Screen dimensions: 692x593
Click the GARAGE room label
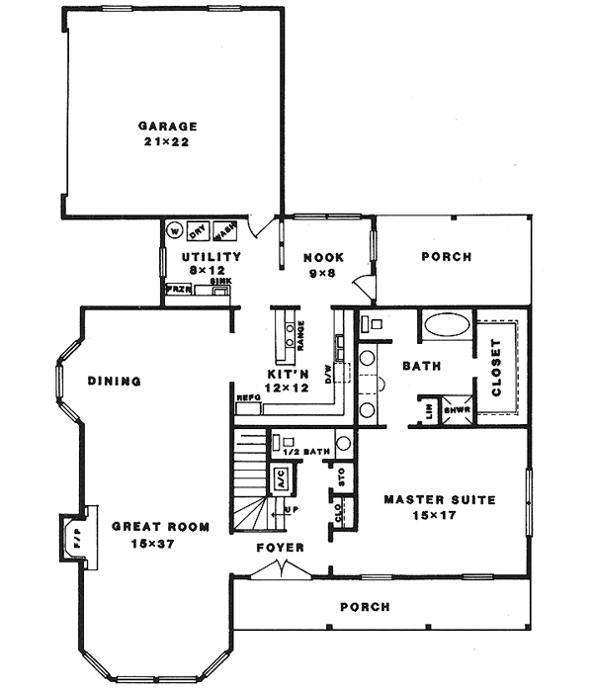tap(168, 127)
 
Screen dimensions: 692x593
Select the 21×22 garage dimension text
tap(168, 142)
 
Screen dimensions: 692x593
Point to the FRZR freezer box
tap(177, 291)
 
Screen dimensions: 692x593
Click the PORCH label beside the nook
tap(447, 257)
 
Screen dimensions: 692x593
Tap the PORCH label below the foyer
tap(364, 607)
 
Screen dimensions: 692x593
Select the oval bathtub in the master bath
tap(447, 326)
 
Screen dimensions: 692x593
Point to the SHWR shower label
tap(456, 410)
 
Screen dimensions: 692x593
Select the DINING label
tap(114, 381)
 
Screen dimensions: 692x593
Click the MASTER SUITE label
tap(439, 499)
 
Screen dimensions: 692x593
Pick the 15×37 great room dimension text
tap(159, 543)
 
